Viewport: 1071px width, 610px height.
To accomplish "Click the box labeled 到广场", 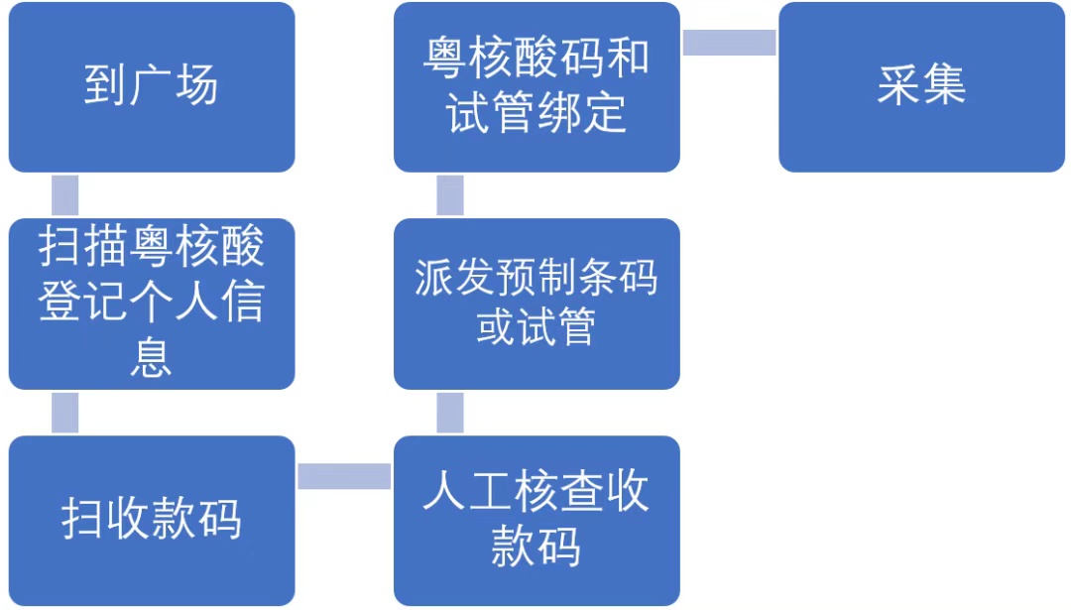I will (151, 87).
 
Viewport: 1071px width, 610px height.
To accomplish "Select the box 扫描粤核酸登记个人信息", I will (151, 304).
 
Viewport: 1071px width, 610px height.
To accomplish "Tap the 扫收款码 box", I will (151, 520).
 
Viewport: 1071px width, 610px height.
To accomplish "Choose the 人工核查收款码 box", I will (536, 520).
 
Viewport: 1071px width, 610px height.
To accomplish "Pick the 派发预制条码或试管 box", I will (536, 304).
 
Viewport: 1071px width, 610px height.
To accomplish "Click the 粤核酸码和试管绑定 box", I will (536, 87).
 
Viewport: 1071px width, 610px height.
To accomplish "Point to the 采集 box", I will (921, 87).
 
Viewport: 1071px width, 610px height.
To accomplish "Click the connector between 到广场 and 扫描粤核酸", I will (64, 195).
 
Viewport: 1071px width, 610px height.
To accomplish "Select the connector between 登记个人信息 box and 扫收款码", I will (64, 412).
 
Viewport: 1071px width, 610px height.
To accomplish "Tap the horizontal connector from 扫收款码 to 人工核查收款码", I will (344, 476).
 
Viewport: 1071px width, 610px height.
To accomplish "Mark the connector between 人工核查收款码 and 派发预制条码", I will (450, 412).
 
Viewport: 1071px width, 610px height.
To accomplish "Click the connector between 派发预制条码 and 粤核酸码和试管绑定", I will (450, 195).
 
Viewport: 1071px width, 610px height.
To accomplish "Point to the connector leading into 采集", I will (729, 43).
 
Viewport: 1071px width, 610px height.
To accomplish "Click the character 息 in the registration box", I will (151, 356).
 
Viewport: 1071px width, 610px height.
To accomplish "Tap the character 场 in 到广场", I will (195, 87).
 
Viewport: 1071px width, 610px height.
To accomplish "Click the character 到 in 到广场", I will (105, 87).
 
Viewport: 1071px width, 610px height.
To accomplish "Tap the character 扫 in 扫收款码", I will (83, 520).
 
